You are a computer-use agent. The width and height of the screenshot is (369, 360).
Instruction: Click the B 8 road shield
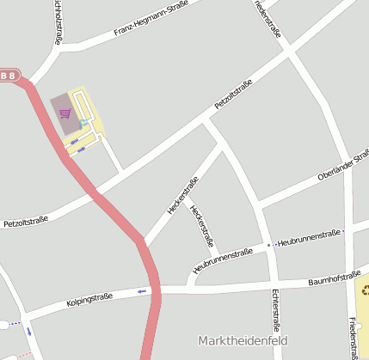[8, 76]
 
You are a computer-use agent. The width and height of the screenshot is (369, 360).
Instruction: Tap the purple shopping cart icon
[65, 113]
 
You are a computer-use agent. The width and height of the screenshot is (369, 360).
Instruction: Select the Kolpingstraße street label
[89, 300]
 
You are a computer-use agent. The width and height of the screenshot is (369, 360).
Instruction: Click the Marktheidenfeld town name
[242, 339]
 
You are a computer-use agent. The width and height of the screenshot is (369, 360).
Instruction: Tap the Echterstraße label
[276, 310]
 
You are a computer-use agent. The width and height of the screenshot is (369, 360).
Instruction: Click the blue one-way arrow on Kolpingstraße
[142, 291]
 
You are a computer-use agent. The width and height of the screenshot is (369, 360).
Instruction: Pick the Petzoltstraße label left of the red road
[26, 222]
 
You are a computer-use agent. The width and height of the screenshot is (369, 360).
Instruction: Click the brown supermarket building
[64, 115]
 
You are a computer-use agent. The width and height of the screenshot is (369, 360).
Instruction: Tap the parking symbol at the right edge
[365, 290]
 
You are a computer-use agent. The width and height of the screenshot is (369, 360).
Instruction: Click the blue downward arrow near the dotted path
[28, 331]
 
